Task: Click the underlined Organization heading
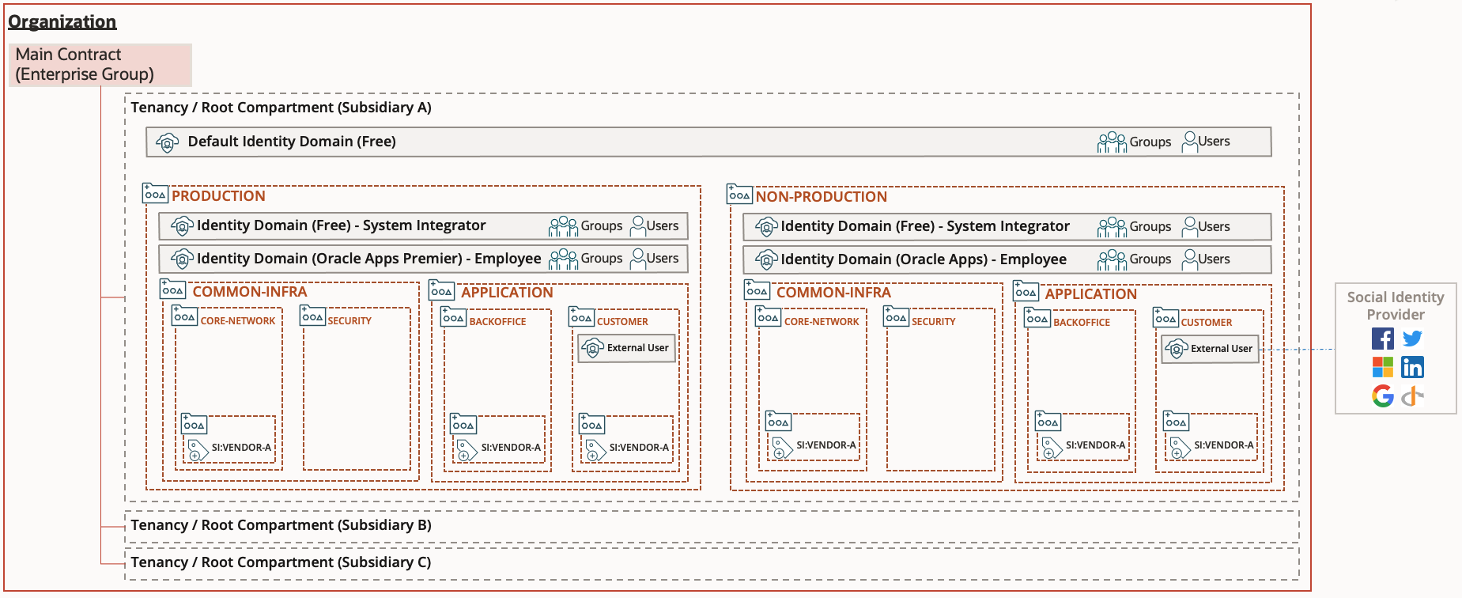click(62, 22)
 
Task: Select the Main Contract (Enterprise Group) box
click(100, 65)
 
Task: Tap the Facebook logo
click(1383, 339)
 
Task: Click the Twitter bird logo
click(1412, 339)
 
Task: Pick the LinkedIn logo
click(1412, 367)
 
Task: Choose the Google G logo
click(1383, 396)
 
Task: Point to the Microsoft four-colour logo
click(1383, 367)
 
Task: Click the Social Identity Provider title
click(1396, 305)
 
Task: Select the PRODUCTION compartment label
click(218, 196)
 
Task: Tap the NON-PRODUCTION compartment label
click(821, 197)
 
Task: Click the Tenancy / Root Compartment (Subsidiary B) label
click(281, 525)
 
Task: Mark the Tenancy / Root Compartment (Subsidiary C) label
click(281, 562)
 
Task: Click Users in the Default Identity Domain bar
click(1213, 142)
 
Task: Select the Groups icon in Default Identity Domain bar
click(1112, 142)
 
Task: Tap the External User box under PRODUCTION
click(627, 348)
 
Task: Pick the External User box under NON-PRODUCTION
click(1211, 349)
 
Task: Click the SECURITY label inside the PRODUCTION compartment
click(349, 321)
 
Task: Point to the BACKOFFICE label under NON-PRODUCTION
click(1081, 323)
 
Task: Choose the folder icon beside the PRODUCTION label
click(155, 194)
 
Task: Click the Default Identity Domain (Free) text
click(292, 142)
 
